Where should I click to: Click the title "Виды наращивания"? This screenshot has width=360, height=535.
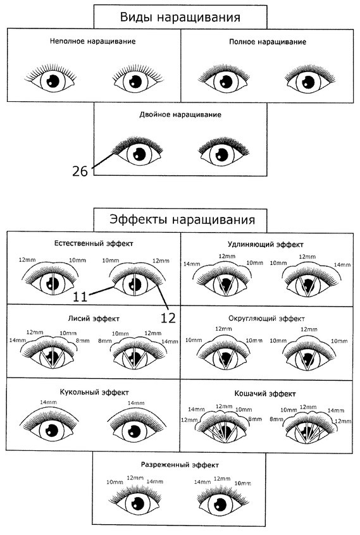[x=180, y=18]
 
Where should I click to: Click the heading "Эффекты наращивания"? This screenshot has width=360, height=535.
[x=182, y=219]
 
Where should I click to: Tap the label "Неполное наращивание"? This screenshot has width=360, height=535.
[x=93, y=42]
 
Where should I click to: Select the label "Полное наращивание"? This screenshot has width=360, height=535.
[x=268, y=42]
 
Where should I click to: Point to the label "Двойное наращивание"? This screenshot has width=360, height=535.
[x=180, y=114]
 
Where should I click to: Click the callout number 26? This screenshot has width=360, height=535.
[x=80, y=171]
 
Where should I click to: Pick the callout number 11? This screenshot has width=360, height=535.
[x=80, y=297]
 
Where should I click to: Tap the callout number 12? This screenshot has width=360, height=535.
[x=168, y=318]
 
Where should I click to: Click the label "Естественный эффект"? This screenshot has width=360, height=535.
[x=94, y=243]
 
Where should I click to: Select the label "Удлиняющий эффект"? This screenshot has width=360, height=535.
[x=266, y=245]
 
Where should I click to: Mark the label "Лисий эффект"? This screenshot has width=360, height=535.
[x=94, y=319]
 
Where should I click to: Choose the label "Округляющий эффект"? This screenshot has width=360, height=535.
[x=266, y=319]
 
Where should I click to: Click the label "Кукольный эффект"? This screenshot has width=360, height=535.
[x=94, y=392]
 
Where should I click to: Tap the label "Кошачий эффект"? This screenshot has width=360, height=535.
[x=265, y=394]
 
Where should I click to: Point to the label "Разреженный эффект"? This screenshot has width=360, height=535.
[x=180, y=465]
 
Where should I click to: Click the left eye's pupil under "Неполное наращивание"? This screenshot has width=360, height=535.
[x=53, y=81]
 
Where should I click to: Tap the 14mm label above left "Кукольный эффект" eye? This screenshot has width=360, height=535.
[x=49, y=402]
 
